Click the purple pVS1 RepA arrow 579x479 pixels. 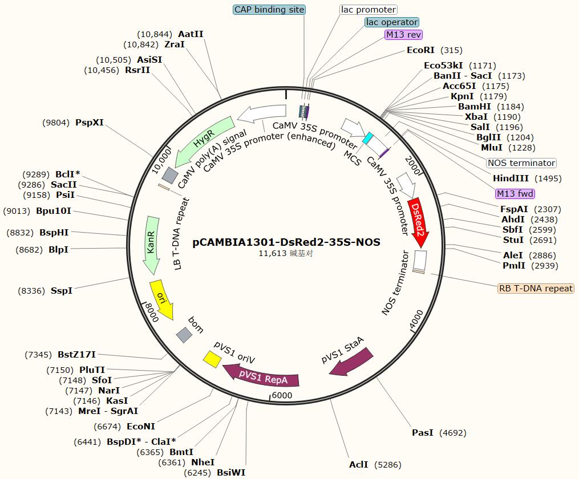pyautogui.click(x=263, y=376)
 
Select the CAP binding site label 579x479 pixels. pyautogui.click(x=269, y=10)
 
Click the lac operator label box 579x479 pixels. pyautogui.click(x=391, y=22)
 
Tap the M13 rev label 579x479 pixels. pyautogui.click(x=403, y=35)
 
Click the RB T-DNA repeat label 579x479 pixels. pyautogui.click(x=536, y=289)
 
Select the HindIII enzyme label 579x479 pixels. pyautogui.click(x=511, y=178)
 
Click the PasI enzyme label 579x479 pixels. pyautogui.click(x=423, y=433)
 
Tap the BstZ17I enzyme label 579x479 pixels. pyautogui.click(x=77, y=355)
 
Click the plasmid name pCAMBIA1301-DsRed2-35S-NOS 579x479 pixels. pyautogui.click(x=286, y=242)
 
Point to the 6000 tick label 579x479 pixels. pyautogui.click(x=282, y=395)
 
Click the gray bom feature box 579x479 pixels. pyautogui.click(x=184, y=335)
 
